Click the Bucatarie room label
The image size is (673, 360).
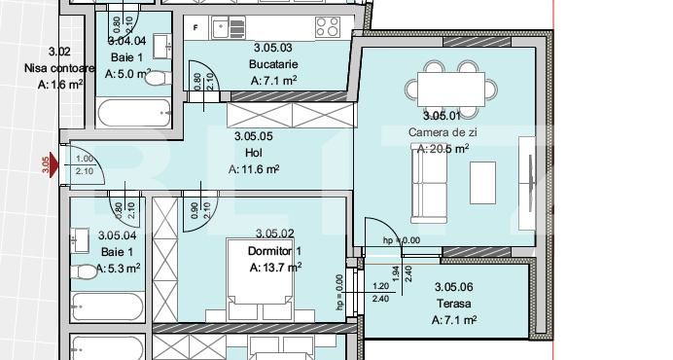[273, 64]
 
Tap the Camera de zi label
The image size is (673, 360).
[443, 132]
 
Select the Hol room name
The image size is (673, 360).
[254, 152]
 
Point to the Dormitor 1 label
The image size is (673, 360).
[275, 250]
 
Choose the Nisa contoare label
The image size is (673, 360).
[59, 68]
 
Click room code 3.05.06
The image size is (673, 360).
[453, 286]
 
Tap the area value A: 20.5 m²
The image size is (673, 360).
[443, 149]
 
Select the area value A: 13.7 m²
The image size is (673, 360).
[275, 267]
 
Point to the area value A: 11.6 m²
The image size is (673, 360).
[254, 168]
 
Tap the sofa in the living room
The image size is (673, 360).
[425, 184]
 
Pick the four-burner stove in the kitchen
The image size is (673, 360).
[327, 26]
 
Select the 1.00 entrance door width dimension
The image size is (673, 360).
[84, 159]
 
